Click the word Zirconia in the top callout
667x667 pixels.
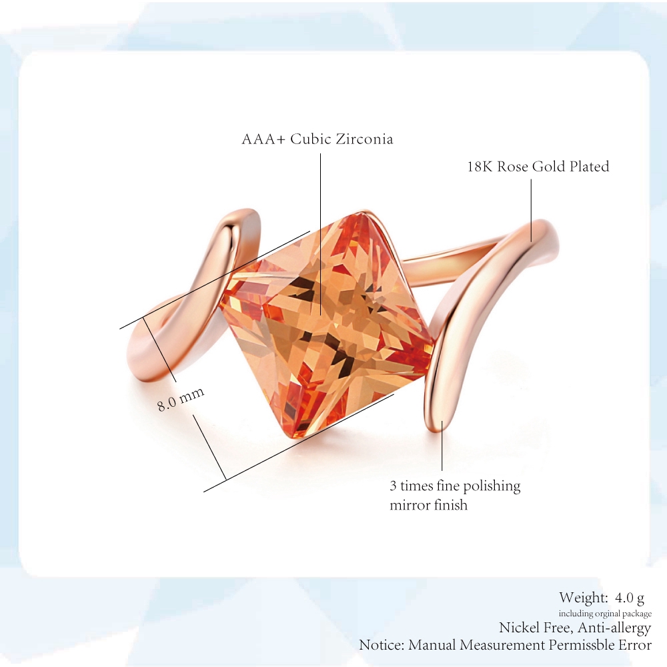(364, 139)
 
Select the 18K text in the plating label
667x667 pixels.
(480, 166)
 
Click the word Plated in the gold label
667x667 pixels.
(589, 166)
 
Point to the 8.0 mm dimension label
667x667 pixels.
(181, 399)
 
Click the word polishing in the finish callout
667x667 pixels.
(492, 487)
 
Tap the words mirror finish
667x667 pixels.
(428, 505)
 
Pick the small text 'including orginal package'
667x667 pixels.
(605, 614)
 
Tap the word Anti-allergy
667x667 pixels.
(614, 628)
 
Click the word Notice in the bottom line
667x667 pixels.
(382, 645)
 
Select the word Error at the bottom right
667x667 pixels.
(635, 645)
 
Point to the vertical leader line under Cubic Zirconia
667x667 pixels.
(321, 234)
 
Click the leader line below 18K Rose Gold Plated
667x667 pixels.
(532, 210)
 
